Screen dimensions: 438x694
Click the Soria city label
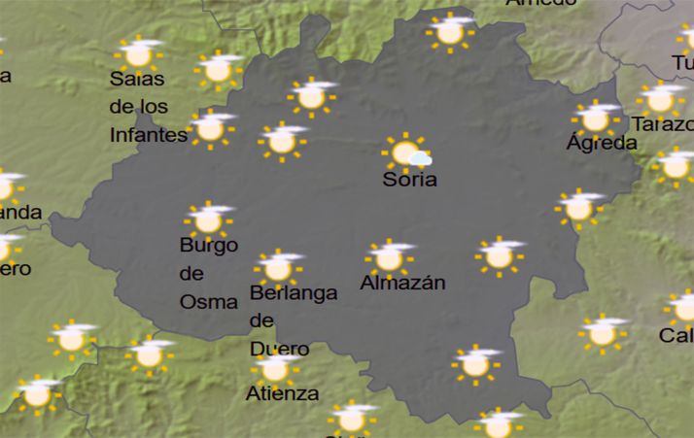pyautogui.click(x=409, y=180)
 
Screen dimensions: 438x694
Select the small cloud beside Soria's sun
pyautogui.click(x=420, y=157)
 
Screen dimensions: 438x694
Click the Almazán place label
pyautogui.click(x=402, y=284)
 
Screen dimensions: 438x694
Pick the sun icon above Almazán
pyautogui.click(x=389, y=257)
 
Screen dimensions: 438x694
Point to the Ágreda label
pyautogui.click(x=602, y=143)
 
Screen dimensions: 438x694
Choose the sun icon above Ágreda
pyautogui.click(x=595, y=118)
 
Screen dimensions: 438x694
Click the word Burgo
pyautogui.click(x=208, y=246)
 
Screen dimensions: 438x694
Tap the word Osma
pyautogui.click(x=208, y=301)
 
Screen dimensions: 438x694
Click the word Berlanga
pyautogui.click(x=294, y=292)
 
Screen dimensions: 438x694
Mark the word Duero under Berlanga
pyautogui.click(x=280, y=349)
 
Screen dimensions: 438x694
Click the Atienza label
pyautogui.click(x=282, y=393)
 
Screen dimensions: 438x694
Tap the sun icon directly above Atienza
pyautogui.click(x=276, y=368)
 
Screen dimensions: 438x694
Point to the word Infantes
pyautogui.click(x=148, y=134)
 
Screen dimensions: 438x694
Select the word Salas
pyautogui.click(x=137, y=79)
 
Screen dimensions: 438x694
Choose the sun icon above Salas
pyautogui.click(x=139, y=53)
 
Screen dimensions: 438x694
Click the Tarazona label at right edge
pyautogui.click(x=663, y=124)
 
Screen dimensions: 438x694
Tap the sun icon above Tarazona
pyautogui.click(x=661, y=98)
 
